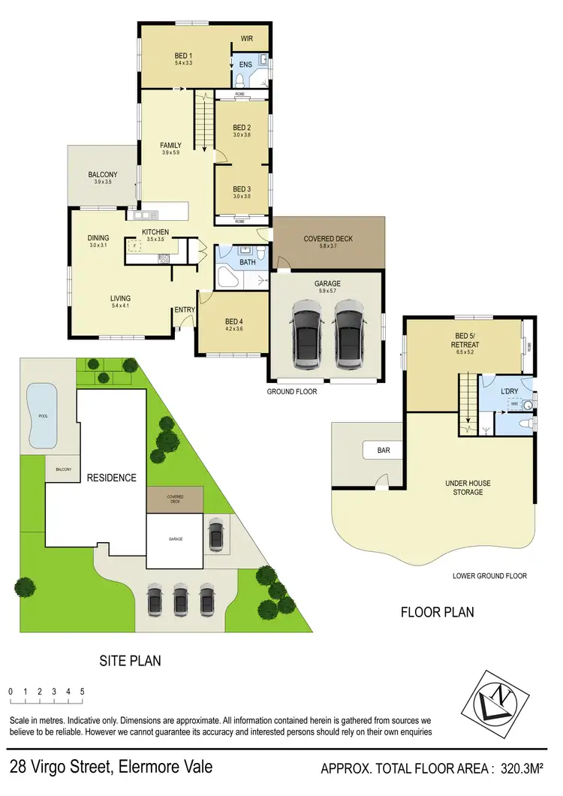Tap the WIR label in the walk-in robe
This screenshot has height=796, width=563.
[x=247, y=38]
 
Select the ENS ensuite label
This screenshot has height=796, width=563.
[x=245, y=65]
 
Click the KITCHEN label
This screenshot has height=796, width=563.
[x=155, y=232]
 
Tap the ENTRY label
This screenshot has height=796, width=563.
[x=184, y=309]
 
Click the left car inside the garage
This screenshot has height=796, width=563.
[x=306, y=334]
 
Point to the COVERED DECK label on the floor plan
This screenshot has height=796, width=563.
[x=327, y=239]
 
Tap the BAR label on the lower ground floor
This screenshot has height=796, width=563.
[x=384, y=451]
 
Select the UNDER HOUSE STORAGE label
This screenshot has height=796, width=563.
[x=463, y=488]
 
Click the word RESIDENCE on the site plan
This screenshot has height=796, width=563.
[x=111, y=478]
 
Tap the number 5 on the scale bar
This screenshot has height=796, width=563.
[x=82, y=691]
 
